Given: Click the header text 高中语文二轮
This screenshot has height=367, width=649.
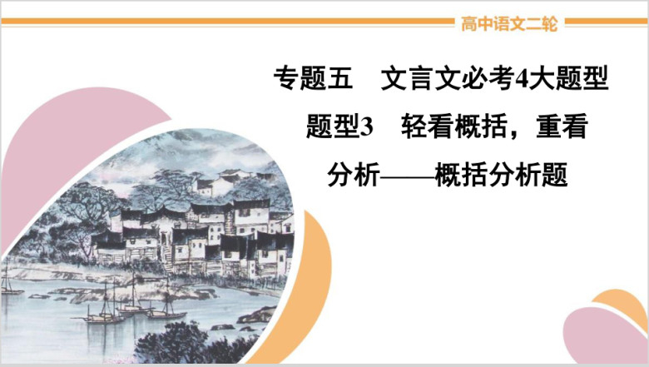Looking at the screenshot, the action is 509,23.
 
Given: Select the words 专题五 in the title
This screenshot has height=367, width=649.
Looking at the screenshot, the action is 314,78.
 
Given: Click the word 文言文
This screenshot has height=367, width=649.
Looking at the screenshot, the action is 420,78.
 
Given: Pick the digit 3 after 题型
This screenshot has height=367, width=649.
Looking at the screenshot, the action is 367,127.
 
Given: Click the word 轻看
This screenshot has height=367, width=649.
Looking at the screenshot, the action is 427,126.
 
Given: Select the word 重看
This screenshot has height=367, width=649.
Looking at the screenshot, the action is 562,126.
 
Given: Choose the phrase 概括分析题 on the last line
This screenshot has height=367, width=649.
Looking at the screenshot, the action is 501,175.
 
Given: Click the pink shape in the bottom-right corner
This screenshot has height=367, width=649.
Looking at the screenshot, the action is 602,336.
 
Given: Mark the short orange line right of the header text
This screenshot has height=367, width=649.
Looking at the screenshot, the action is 606,22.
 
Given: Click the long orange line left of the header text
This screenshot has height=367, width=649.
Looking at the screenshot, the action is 228,22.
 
